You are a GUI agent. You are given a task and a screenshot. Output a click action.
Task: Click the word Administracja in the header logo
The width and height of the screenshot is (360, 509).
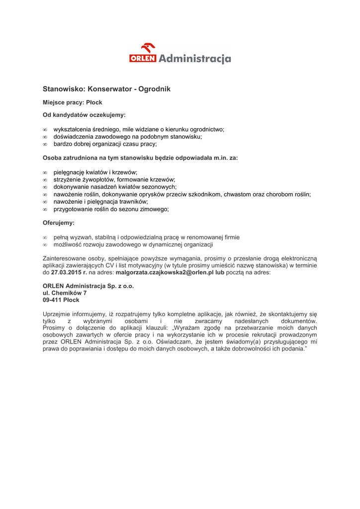click(x=194, y=59)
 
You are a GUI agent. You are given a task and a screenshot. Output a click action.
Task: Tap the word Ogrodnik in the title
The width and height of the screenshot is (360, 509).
click(x=154, y=89)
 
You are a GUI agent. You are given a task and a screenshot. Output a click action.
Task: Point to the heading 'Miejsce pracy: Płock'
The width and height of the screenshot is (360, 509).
click(x=72, y=102)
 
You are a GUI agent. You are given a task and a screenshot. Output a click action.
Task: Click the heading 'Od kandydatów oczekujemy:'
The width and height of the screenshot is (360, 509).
click(x=84, y=115)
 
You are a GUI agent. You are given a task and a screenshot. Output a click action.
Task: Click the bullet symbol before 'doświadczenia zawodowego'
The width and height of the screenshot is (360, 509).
click(x=45, y=137)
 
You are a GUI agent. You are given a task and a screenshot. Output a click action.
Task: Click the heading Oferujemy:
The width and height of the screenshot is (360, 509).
click(x=58, y=223)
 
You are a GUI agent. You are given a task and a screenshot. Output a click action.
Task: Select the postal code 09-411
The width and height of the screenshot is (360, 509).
click(x=52, y=300)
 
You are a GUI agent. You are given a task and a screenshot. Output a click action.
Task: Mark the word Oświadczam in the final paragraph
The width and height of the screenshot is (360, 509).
click(x=186, y=342)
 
